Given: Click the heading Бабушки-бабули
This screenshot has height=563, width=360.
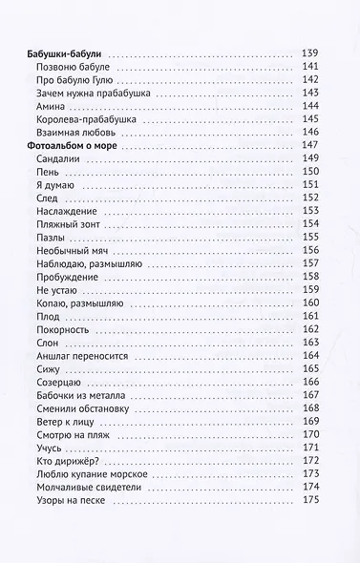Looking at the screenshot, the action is pyautogui.click(x=66, y=52).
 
